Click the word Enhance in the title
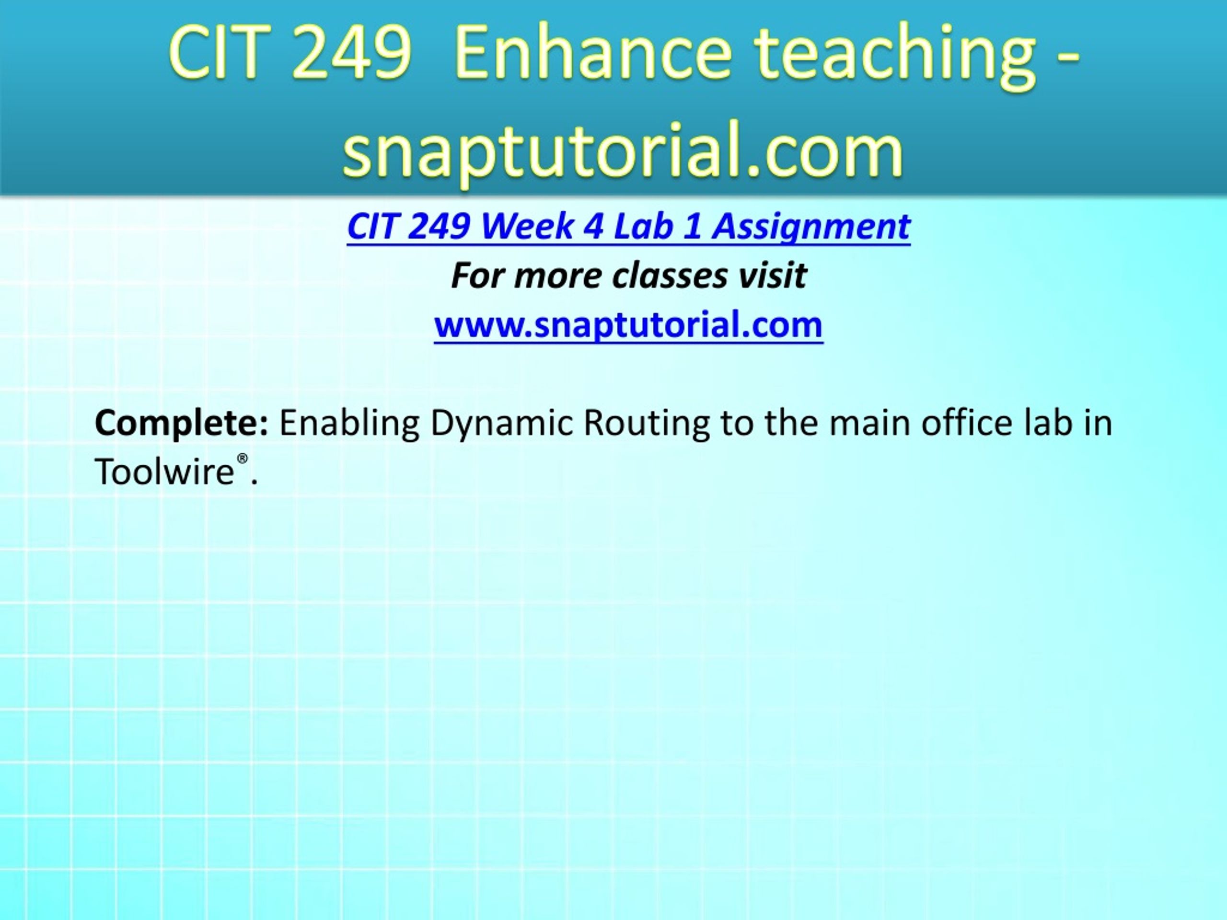click(592, 54)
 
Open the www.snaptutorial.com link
click(628, 325)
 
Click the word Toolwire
click(165, 472)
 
